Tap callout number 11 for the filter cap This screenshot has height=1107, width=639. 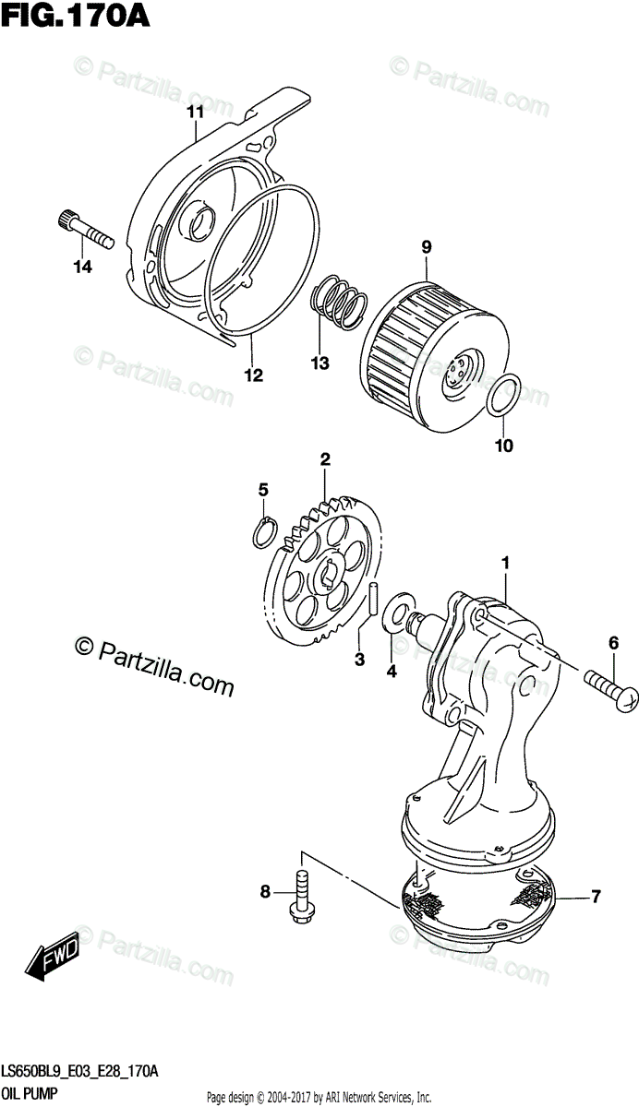coord(194,113)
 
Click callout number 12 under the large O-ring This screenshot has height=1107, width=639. coord(253,375)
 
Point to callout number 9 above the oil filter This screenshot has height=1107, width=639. coord(427,247)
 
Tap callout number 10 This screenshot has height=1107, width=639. coord(504,446)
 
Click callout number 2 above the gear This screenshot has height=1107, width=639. coord(325,458)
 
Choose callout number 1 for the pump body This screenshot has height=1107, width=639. coord(505,562)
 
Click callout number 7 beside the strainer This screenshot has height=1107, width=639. coord(596,895)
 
